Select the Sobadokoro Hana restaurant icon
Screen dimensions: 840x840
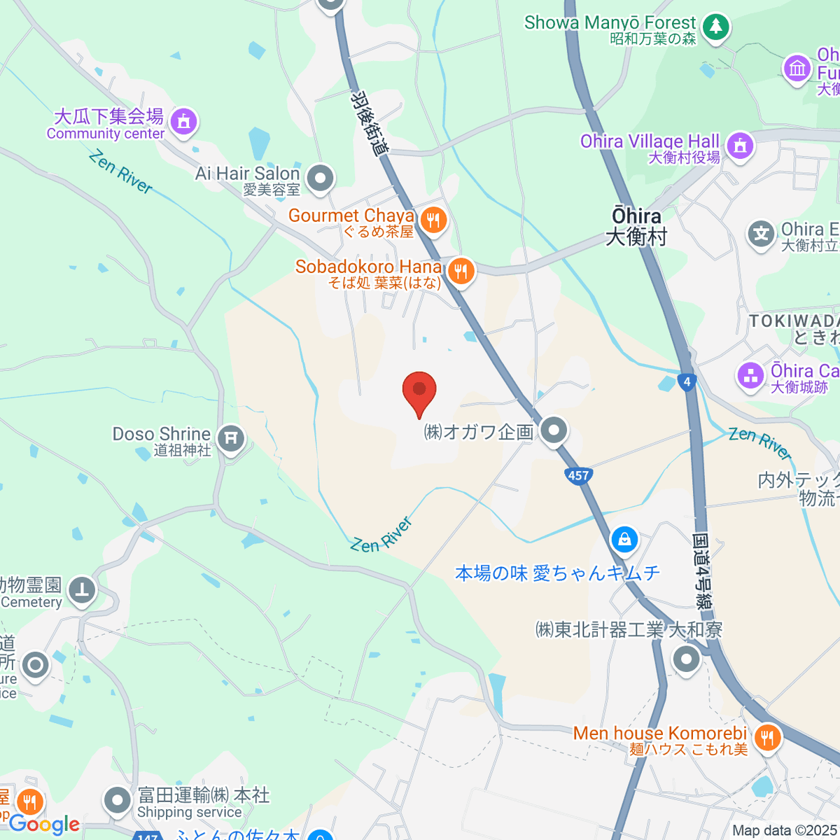click(x=460, y=271)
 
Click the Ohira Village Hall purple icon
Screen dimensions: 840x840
click(x=739, y=146)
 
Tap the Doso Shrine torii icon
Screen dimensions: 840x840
click(x=230, y=440)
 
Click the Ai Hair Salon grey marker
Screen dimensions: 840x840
click(x=321, y=178)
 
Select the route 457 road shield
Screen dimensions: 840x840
click(x=578, y=476)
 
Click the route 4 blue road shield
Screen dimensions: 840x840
click(x=687, y=381)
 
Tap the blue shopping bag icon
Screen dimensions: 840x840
click(x=624, y=540)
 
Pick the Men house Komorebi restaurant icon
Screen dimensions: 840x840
click(x=767, y=738)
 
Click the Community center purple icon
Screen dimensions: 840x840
click(x=184, y=122)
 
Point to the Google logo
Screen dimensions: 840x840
click(x=43, y=825)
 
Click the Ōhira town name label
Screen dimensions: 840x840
click(x=636, y=226)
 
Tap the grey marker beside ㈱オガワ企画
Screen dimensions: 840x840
click(x=554, y=431)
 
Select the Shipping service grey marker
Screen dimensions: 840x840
click(x=117, y=801)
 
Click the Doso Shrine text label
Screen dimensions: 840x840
click(x=162, y=435)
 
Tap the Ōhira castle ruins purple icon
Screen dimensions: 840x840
click(x=750, y=376)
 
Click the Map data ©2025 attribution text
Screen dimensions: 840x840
click(x=784, y=831)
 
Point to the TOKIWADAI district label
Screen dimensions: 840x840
click(x=794, y=321)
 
